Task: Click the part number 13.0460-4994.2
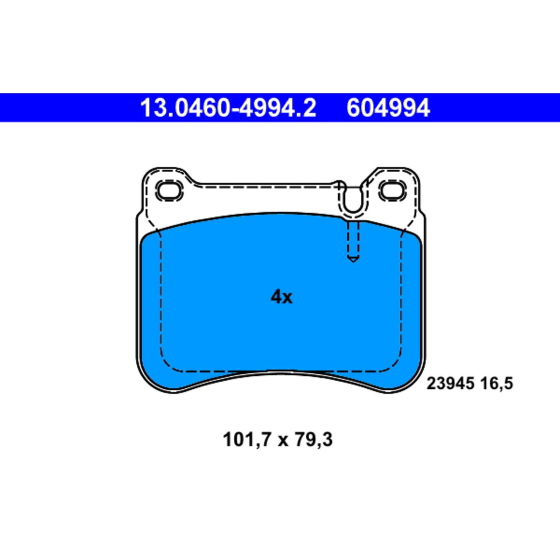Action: (228, 108)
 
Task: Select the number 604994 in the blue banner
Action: (388, 108)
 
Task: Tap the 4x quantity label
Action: (281, 297)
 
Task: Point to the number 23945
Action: (450, 384)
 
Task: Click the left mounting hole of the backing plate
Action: (170, 191)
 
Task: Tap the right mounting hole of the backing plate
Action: (393, 191)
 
